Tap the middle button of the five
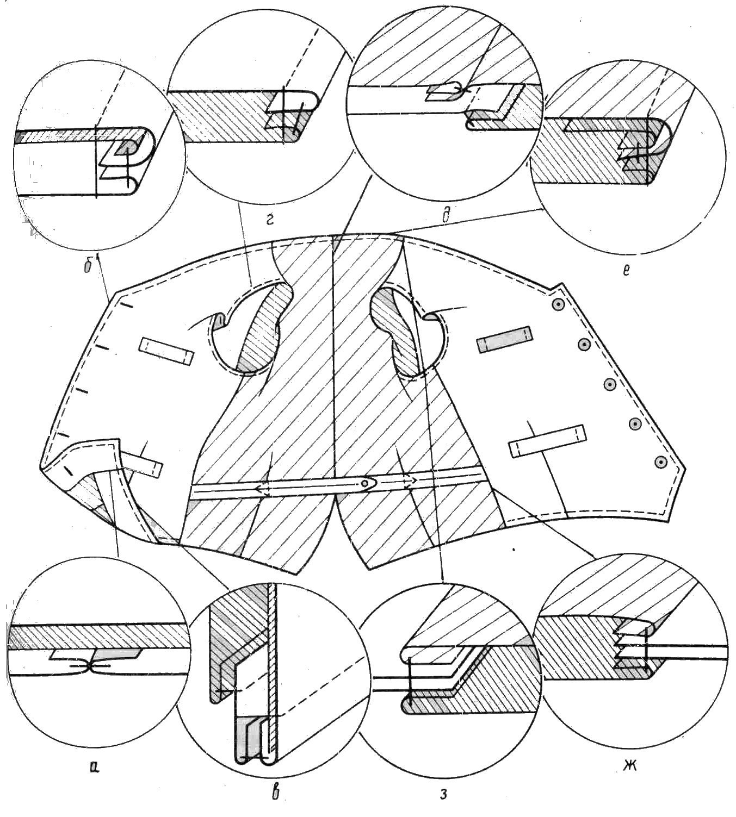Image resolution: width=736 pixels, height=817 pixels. [610, 384]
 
